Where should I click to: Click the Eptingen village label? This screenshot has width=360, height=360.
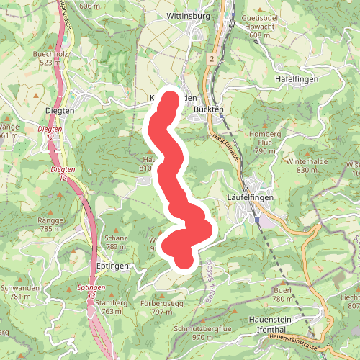(x=112, y=266)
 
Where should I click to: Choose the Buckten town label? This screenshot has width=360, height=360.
(x=210, y=109)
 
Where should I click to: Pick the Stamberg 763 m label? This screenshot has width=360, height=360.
(x=111, y=307)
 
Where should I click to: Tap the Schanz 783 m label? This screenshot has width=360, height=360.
(x=115, y=243)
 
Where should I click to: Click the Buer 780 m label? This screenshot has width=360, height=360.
(x=282, y=294)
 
